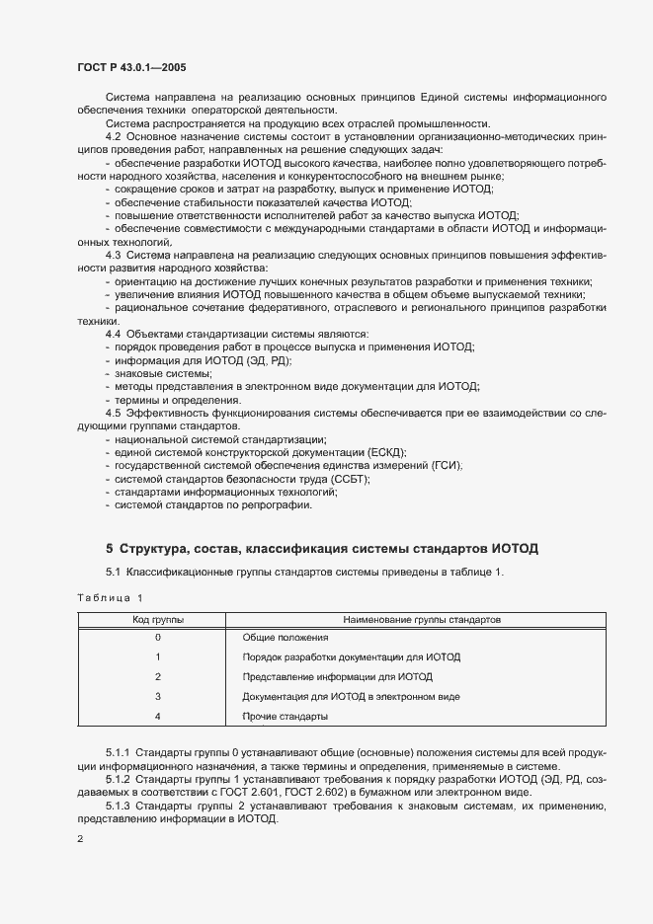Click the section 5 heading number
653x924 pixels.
[x=110, y=548]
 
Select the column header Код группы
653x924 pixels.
[x=158, y=619]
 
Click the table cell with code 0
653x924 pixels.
[x=158, y=638]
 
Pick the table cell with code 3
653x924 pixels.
[x=158, y=696]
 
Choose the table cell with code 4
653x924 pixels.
[x=158, y=715]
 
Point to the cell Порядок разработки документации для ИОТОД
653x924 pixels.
[x=351, y=656]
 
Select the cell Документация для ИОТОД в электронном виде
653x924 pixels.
[x=351, y=696]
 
